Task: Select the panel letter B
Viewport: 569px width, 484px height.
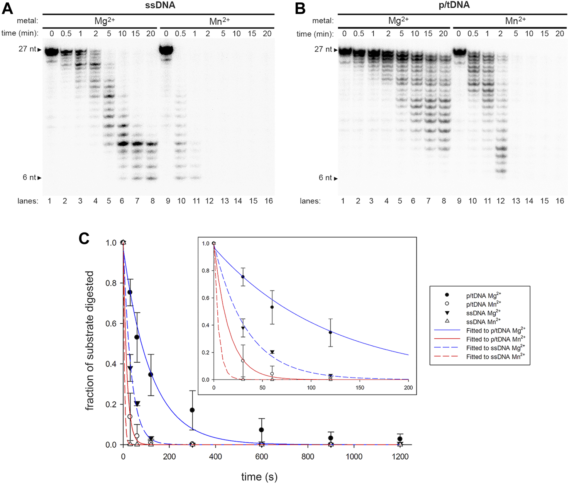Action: coord(300,8)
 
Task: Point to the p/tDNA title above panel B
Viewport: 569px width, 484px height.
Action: coord(454,5)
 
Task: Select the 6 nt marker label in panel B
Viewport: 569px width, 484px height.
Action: coord(325,178)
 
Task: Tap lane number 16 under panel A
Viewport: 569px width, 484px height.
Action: coord(268,201)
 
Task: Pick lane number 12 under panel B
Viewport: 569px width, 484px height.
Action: coord(501,201)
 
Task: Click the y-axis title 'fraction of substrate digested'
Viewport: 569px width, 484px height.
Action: coord(90,340)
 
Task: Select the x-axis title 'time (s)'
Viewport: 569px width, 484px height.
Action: coord(259,477)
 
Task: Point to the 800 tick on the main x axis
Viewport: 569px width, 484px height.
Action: coord(308,457)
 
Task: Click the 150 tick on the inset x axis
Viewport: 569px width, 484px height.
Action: coord(360,387)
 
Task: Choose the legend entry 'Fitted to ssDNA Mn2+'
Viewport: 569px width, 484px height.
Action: coord(495,357)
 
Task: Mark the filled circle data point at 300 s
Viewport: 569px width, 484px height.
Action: coord(192,410)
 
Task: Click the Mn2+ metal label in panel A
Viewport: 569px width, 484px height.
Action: coord(219,21)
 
